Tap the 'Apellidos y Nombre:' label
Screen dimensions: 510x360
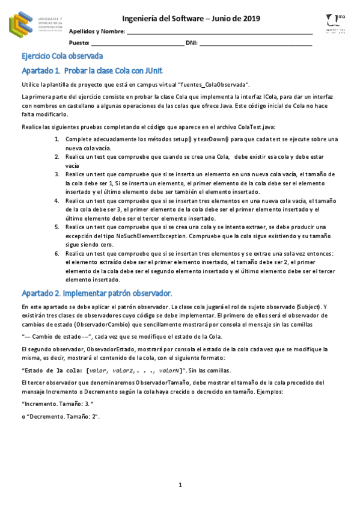(x=97, y=31)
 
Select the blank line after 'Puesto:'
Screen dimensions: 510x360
(x=138, y=43)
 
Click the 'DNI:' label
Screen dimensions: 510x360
(x=192, y=43)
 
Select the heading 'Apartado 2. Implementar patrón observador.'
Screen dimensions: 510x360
(x=97, y=293)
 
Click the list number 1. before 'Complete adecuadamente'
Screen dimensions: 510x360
(x=56, y=139)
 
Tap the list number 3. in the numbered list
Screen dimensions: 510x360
(x=56, y=174)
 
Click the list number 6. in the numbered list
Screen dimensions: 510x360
(x=56, y=253)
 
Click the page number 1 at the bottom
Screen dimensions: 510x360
(x=180, y=485)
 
